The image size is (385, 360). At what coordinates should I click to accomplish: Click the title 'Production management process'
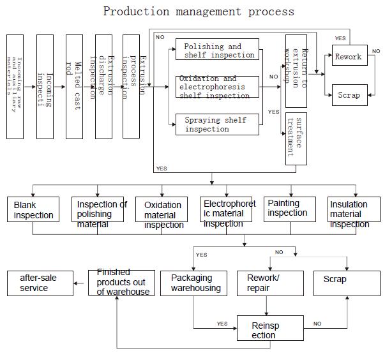tap(199, 11)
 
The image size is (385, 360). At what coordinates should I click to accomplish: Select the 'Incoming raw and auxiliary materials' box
tap(15, 86)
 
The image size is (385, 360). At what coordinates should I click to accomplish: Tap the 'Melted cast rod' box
tap(74, 86)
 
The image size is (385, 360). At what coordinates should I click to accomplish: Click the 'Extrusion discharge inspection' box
tap(103, 86)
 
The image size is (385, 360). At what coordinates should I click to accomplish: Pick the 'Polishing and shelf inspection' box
tap(217, 50)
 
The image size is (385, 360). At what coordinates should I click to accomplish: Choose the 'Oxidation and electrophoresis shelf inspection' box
tap(217, 87)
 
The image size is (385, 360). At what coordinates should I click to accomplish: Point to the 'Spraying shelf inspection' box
tap(217, 124)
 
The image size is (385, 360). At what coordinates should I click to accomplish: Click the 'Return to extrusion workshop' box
tap(296, 70)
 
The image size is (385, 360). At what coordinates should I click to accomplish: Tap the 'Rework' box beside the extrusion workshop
tap(349, 56)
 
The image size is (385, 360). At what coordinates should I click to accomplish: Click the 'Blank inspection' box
tap(33, 210)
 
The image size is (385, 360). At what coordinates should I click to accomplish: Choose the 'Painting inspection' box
tap(290, 209)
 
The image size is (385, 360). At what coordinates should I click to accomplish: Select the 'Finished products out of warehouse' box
tap(121, 283)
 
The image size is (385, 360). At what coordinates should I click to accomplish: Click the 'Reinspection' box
tap(266, 329)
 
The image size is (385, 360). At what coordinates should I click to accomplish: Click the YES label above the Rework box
tap(340, 38)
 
